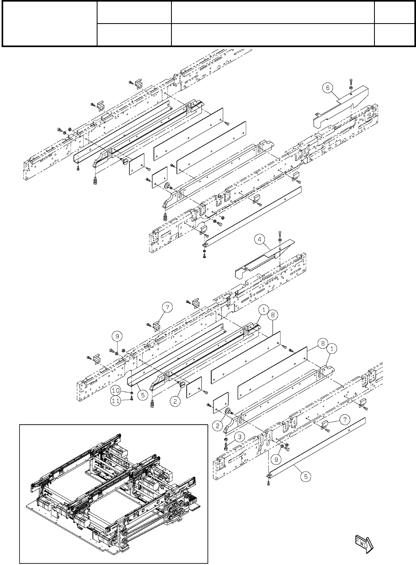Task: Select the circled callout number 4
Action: (x=260, y=239)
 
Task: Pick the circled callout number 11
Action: (x=116, y=402)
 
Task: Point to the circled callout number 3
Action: (x=239, y=436)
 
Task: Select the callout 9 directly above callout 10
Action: (x=117, y=336)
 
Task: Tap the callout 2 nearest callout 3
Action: (x=217, y=426)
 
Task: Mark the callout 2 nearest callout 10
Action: (x=175, y=402)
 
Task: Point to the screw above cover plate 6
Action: (x=350, y=82)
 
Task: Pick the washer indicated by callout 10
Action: (x=131, y=393)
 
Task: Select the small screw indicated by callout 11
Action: (x=131, y=400)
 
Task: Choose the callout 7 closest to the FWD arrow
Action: (x=344, y=420)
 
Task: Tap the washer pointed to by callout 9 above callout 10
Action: (x=116, y=352)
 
